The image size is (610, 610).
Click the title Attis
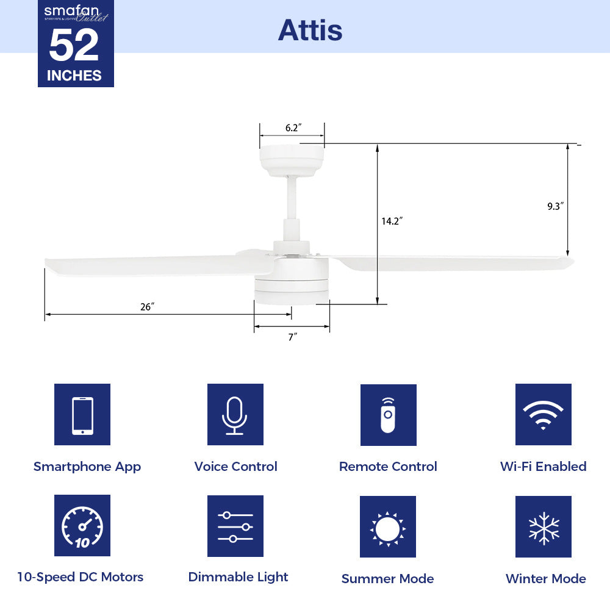click(x=310, y=30)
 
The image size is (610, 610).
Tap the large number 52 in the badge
click(x=74, y=46)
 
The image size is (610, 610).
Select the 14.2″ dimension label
click(x=392, y=221)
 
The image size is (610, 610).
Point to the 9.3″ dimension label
click(x=554, y=206)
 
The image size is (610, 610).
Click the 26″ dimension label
click(x=147, y=307)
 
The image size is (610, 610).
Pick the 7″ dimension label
click(x=292, y=337)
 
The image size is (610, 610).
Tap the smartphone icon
click(x=82, y=415)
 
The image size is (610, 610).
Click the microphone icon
click(x=235, y=415)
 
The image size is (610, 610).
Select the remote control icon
click(x=388, y=415)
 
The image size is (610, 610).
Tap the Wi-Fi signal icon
click(x=543, y=415)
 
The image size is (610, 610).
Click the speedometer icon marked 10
click(x=82, y=526)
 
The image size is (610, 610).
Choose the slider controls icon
click(x=235, y=526)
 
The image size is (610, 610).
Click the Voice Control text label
click(x=235, y=467)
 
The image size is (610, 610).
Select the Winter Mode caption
click(x=545, y=578)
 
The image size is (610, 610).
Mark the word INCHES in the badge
click(x=74, y=76)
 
